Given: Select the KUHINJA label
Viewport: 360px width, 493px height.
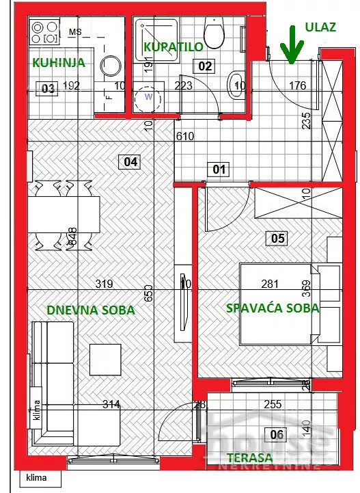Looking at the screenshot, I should [59, 62].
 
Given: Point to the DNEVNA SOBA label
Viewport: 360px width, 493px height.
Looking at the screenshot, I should [91, 310].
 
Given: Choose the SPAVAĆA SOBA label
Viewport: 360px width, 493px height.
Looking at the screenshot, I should [273, 308].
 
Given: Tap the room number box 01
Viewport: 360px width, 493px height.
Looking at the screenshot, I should [219, 168].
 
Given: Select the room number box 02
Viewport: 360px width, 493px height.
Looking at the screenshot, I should [204, 66].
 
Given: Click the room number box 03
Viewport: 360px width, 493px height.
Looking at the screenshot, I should [47, 88].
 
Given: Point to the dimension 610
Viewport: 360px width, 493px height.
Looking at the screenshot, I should [184, 136].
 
